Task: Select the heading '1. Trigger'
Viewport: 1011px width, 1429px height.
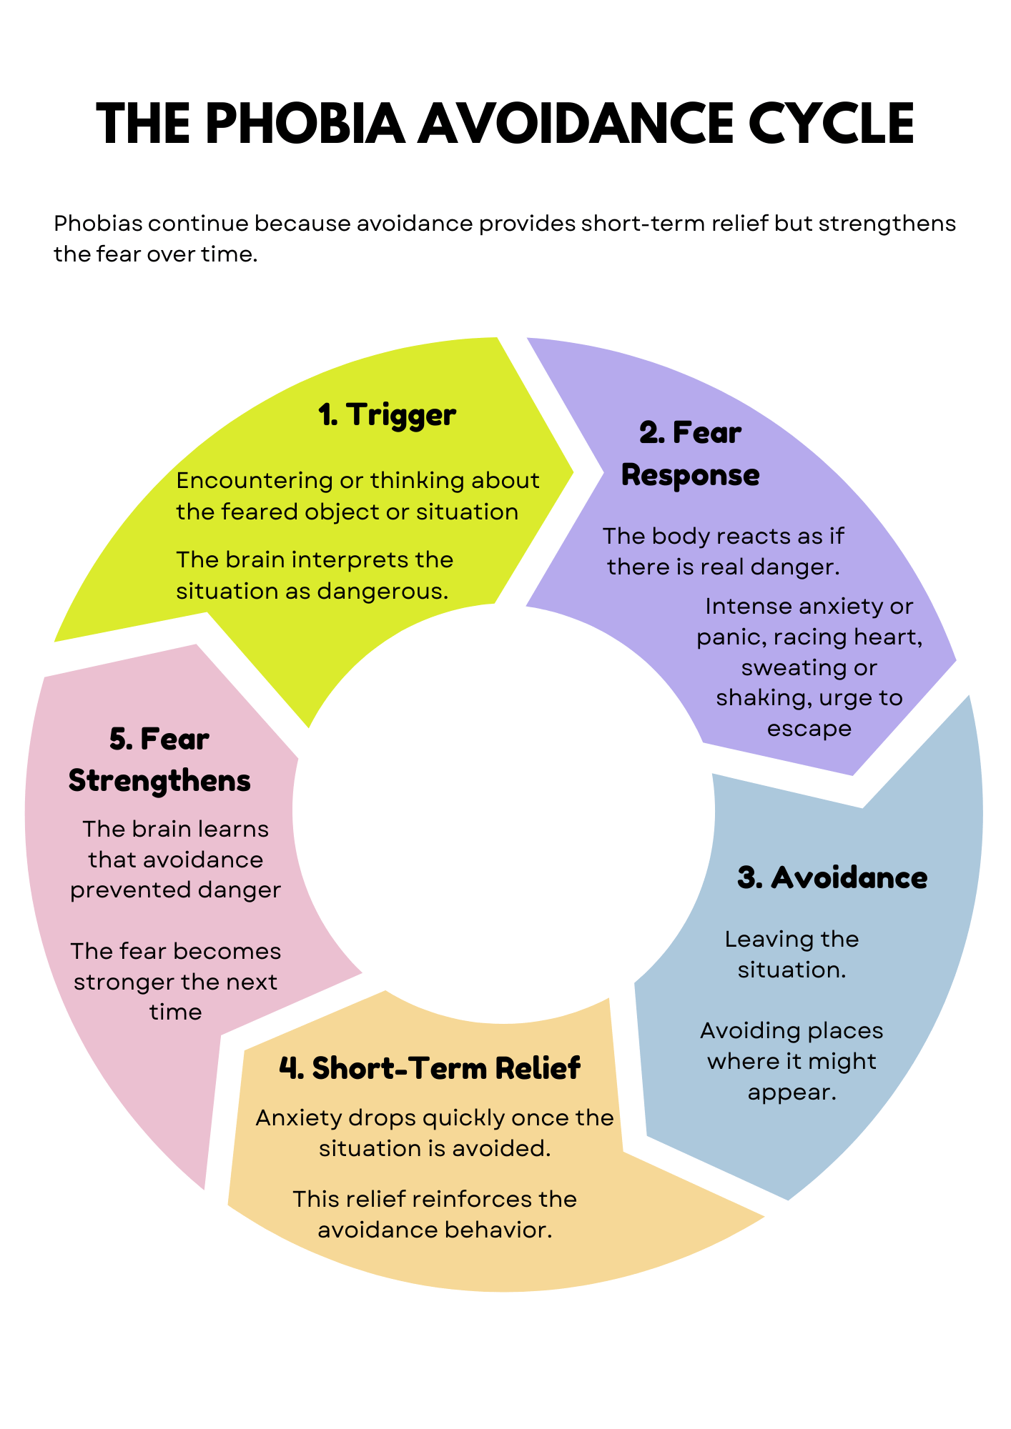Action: [387, 414]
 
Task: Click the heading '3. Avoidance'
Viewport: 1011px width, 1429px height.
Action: [832, 877]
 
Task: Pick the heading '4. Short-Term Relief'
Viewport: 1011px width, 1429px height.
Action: [429, 1068]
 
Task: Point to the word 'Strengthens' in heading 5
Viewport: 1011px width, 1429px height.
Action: [159, 780]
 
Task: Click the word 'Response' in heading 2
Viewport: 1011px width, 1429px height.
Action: [690, 475]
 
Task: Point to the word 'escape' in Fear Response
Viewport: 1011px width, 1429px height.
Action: [809, 730]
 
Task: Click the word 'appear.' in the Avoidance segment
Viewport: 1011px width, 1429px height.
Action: [791, 1092]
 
